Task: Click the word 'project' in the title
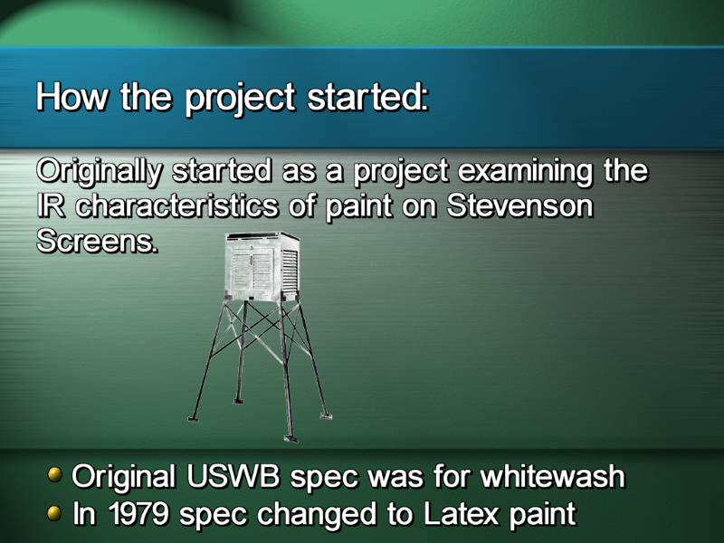[x=240, y=100]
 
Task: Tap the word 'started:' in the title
[x=368, y=97]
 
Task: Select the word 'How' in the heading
[x=71, y=97]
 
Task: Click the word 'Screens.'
[x=97, y=241]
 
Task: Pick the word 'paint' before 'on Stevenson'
[x=358, y=208]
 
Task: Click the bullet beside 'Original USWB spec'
[x=55, y=474]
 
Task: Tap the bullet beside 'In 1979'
[x=55, y=512]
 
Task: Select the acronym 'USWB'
[x=233, y=476]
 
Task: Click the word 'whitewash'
[x=552, y=476]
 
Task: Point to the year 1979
[x=138, y=513]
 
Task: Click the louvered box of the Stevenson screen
[x=262, y=266]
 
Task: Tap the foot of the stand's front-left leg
[x=194, y=418]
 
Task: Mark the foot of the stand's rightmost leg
[x=326, y=415]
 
